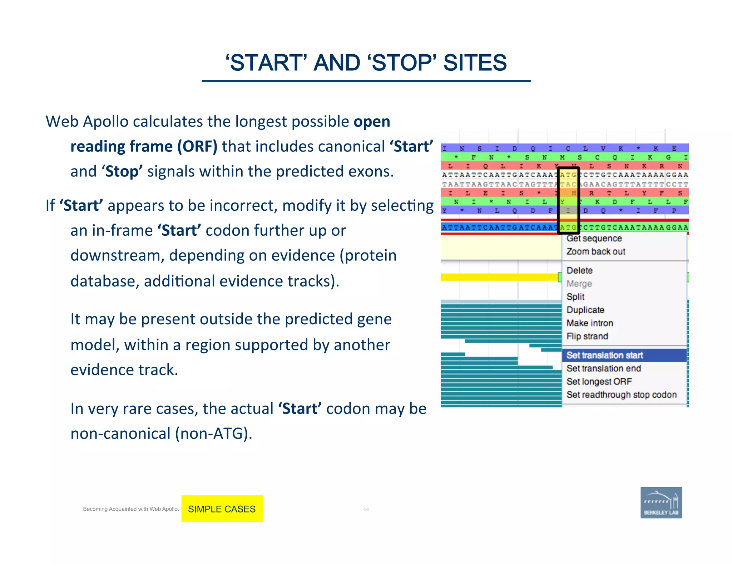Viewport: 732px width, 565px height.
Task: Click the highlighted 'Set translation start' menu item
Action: click(605, 355)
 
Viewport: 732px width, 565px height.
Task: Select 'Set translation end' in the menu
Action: click(604, 368)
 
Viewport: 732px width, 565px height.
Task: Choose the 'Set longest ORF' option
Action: click(599, 381)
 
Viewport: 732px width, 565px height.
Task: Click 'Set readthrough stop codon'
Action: click(622, 395)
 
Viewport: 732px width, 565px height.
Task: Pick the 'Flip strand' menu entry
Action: click(587, 336)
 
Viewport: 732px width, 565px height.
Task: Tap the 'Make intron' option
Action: click(590, 323)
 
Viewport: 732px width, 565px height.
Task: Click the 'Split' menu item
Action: click(575, 296)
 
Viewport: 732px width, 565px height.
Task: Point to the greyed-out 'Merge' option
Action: click(579, 284)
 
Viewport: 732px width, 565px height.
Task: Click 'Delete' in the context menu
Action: click(579, 270)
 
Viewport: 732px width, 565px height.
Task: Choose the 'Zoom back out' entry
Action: click(596, 251)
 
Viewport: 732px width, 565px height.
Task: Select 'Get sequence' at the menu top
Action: click(594, 238)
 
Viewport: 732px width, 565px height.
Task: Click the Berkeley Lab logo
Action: click(661, 502)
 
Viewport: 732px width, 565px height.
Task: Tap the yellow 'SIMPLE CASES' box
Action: click(222, 509)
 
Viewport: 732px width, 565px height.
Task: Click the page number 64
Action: click(366, 509)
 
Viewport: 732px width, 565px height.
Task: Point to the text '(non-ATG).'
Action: click(214, 434)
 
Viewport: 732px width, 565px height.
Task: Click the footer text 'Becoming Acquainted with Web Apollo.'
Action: click(130, 509)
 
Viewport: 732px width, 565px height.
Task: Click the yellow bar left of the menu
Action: click(499, 277)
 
